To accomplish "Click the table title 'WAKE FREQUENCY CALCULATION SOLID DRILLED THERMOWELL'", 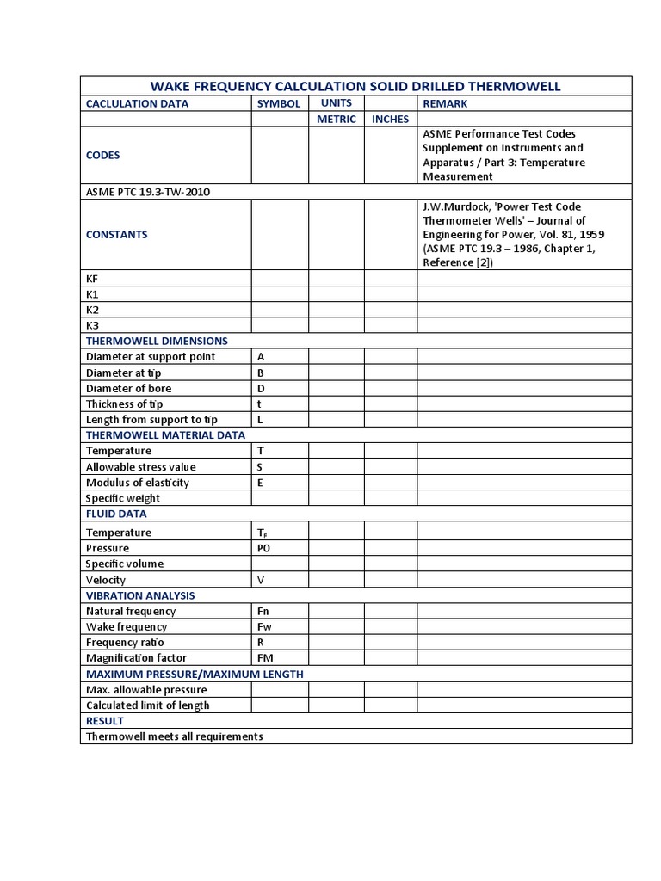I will click(355, 86).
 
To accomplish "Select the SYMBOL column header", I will click(279, 103).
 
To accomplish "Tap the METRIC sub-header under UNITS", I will click(336, 119).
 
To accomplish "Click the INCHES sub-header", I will click(390, 119).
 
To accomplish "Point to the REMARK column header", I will click(445, 103).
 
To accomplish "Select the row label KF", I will click(93, 279).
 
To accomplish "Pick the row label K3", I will click(93, 325).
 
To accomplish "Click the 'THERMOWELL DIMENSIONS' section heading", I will click(157, 341).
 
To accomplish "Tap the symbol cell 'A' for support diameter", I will click(261, 356).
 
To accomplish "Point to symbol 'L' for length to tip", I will click(260, 419).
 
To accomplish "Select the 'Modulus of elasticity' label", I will click(138, 482).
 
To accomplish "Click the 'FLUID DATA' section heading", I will click(116, 514).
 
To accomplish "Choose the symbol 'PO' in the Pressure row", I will click(264, 548).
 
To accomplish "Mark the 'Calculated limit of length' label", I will click(147, 705).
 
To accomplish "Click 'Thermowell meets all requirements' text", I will click(174, 736).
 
